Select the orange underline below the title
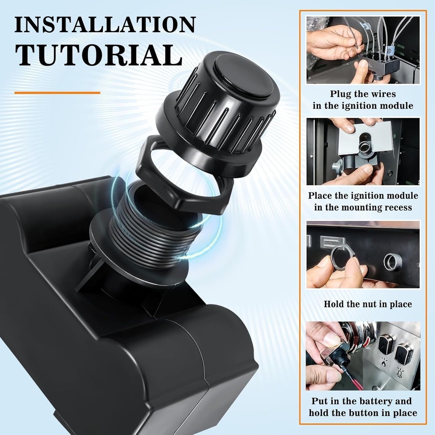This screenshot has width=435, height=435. click(57, 93)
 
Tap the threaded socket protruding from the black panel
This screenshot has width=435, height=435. click(392, 262)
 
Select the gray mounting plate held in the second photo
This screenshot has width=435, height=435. click(370, 139)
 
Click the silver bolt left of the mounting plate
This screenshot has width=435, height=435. click(337, 167)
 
